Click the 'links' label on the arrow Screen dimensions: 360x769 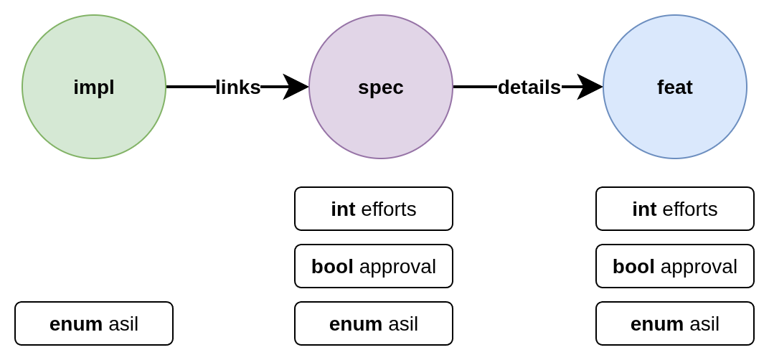pos(237,87)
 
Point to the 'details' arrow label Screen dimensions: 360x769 pos(529,87)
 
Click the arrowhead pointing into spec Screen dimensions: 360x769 pos(296,87)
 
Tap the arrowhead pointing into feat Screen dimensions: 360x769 pos(590,87)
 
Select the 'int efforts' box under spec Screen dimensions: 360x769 pos(373,209)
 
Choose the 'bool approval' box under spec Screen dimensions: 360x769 pos(373,266)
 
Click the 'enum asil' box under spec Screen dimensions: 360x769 pos(373,323)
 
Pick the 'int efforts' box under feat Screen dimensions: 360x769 pos(674,209)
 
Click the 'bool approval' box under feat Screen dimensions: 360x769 pos(674,266)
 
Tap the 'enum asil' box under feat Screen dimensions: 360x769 pos(674,323)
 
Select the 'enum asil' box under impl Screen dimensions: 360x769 pos(93,323)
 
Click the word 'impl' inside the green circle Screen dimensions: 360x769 pos(93,87)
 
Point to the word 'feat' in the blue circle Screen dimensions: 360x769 pos(674,87)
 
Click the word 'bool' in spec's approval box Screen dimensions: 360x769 pos(332,267)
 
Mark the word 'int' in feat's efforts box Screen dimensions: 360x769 pos(644,209)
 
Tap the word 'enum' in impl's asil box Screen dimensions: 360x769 pos(75,324)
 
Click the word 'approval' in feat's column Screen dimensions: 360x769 pos(699,267)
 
